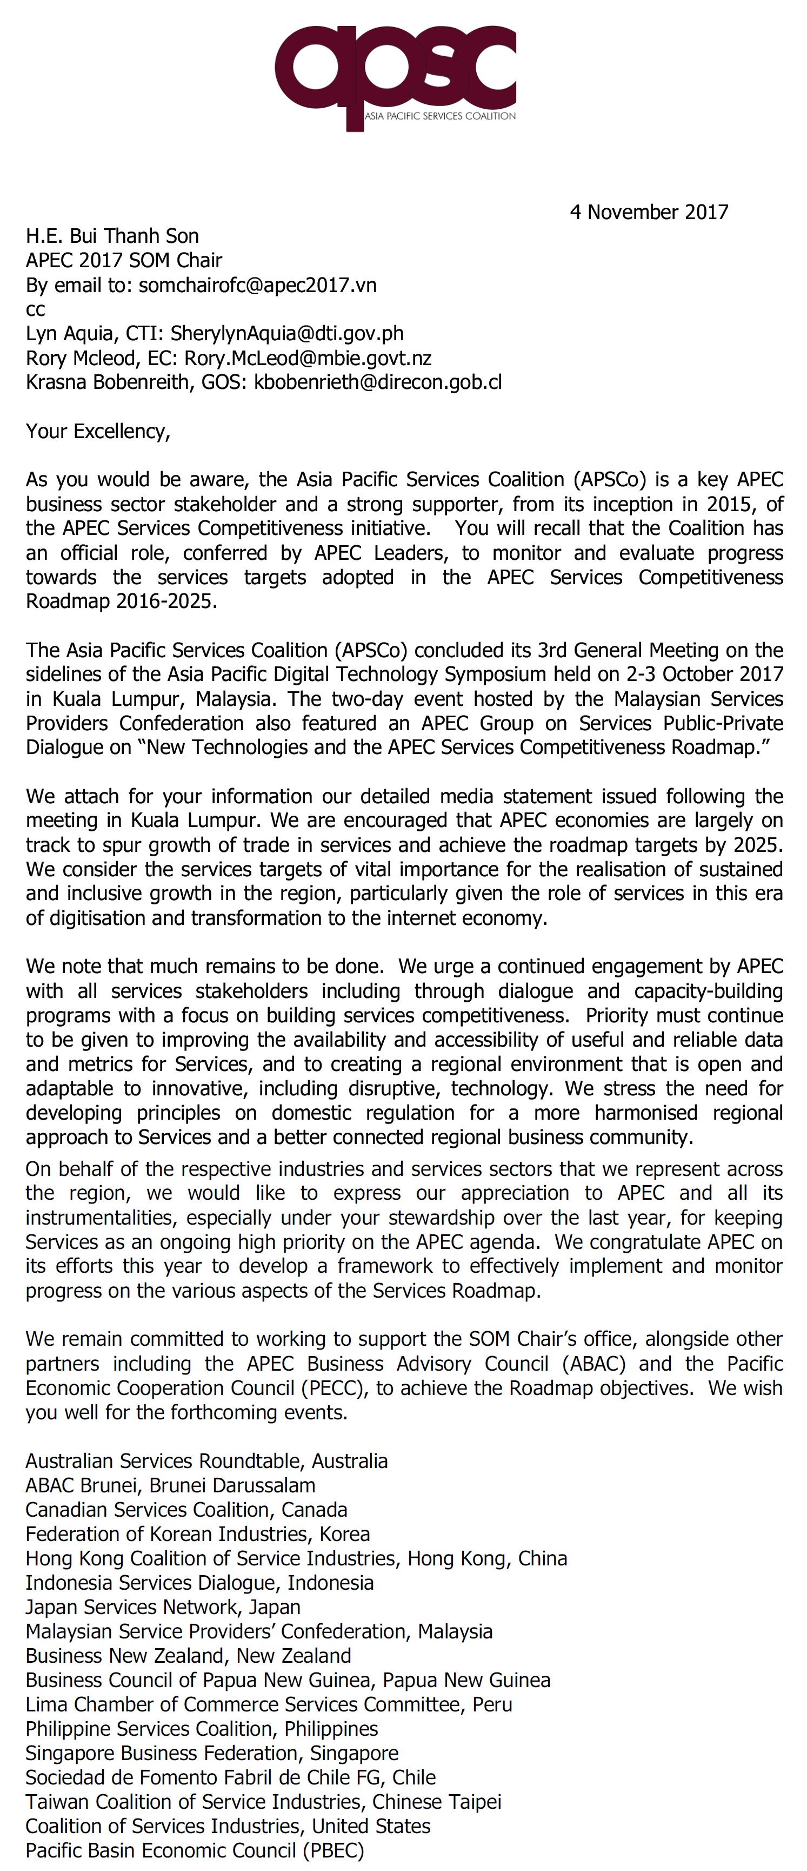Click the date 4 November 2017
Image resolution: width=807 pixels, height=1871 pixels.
[x=649, y=212]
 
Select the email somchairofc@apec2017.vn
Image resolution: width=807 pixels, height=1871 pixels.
[x=258, y=285]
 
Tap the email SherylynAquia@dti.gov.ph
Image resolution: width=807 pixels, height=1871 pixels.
[x=286, y=333]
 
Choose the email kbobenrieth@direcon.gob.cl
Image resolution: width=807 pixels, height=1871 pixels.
[x=377, y=382]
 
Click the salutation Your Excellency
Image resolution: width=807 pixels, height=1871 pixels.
[x=98, y=432]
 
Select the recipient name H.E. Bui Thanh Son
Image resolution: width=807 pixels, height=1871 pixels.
[x=112, y=236]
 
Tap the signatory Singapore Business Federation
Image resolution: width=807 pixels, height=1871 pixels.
[x=212, y=1753]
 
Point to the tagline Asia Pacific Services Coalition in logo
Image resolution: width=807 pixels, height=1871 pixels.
[x=440, y=116]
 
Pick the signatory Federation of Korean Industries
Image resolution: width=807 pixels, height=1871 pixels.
[x=197, y=1533]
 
